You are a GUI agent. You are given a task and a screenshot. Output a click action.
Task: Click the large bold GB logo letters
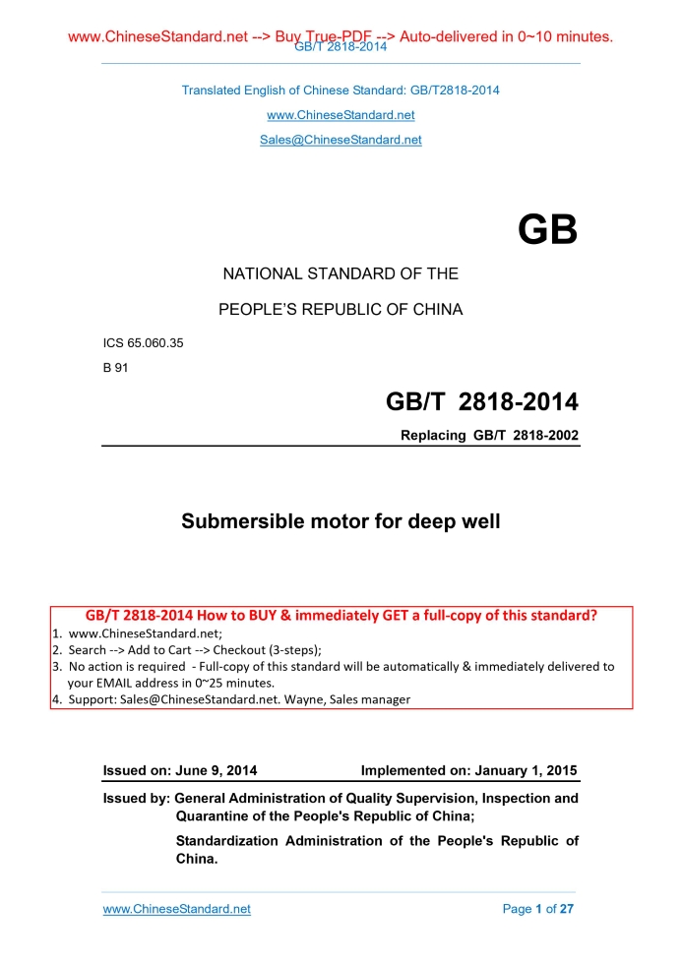tap(547, 231)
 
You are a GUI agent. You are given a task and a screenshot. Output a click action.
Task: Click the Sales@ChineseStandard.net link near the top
tap(341, 140)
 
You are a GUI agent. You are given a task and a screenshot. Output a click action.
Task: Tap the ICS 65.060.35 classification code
tap(143, 343)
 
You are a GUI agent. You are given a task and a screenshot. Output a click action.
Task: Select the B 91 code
tap(115, 368)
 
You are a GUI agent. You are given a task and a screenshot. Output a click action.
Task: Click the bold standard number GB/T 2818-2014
tap(481, 402)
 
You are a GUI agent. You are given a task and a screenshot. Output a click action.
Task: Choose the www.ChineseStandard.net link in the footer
tap(177, 909)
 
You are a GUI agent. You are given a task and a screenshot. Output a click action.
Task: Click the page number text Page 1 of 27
tap(537, 909)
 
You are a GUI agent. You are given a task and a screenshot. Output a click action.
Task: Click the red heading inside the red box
tap(341, 617)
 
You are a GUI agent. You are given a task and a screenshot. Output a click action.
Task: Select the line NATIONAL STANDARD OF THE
tap(341, 274)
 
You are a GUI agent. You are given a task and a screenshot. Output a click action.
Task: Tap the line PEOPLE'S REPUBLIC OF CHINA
tap(341, 310)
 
